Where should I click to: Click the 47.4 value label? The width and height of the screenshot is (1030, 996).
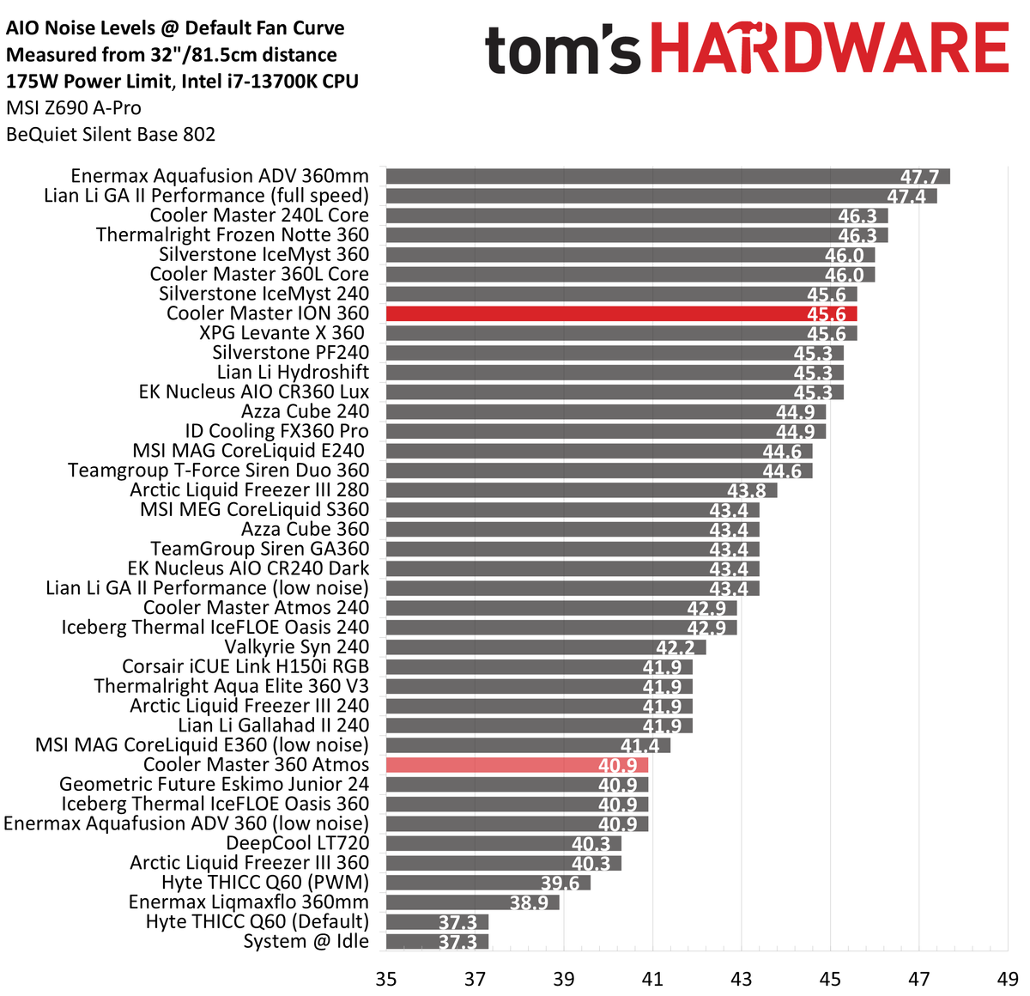point(906,197)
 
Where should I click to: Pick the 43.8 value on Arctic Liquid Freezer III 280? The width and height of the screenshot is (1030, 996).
point(746,491)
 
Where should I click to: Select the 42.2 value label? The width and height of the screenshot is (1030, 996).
point(676,648)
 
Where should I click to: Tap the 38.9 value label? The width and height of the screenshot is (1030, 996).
point(529,903)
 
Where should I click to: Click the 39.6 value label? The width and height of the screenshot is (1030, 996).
point(560,884)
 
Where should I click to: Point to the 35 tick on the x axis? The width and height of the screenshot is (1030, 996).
point(386,979)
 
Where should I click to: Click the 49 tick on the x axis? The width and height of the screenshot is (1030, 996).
point(1008,979)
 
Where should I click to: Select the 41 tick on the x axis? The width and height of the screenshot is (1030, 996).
point(652,979)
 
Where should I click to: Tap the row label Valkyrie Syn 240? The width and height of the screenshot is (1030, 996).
point(297,647)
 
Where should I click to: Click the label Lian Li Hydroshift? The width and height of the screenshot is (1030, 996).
point(293,373)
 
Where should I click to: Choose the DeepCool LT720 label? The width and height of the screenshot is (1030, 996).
point(297,844)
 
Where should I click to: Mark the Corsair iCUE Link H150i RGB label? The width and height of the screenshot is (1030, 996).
point(245,667)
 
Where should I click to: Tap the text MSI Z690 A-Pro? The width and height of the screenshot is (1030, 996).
point(74,108)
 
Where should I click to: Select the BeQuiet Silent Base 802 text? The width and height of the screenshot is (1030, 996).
point(111,135)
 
